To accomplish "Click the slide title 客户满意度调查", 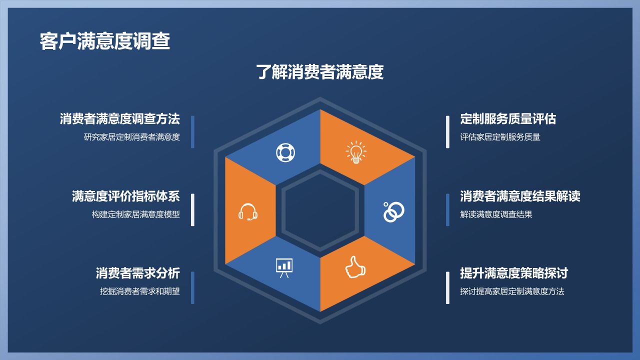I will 105,41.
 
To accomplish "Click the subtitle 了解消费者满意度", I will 320,72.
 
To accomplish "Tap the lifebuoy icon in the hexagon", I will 285,152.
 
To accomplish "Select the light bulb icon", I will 355,152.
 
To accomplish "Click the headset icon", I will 247,212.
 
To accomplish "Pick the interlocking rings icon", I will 393,212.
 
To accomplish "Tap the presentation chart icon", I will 284,267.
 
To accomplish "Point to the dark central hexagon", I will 320,210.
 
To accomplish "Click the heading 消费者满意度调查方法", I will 119,119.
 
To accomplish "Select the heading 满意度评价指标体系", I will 125,196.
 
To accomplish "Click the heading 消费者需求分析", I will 137,273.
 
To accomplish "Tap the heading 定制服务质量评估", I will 508,119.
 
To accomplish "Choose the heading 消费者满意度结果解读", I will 520,196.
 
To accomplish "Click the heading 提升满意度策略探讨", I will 514,273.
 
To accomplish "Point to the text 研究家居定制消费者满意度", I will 131,137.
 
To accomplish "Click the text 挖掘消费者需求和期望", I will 139,291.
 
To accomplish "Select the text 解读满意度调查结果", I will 496,214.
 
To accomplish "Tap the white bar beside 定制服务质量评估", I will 447,132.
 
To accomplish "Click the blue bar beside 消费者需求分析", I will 192,287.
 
